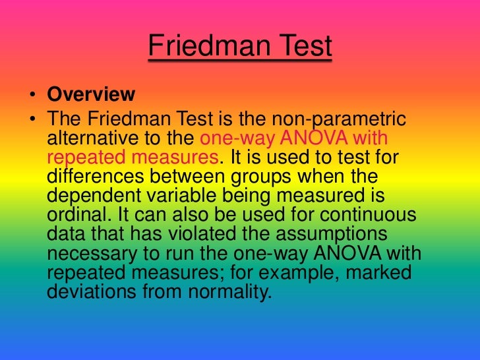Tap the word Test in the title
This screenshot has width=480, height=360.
[x=299, y=47]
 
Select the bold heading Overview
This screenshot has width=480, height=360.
[x=91, y=94]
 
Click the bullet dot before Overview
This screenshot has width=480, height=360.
[x=32, y=95]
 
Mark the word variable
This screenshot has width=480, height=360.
[x=185, y=196]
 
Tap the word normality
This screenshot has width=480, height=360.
[x=230, y=292]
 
